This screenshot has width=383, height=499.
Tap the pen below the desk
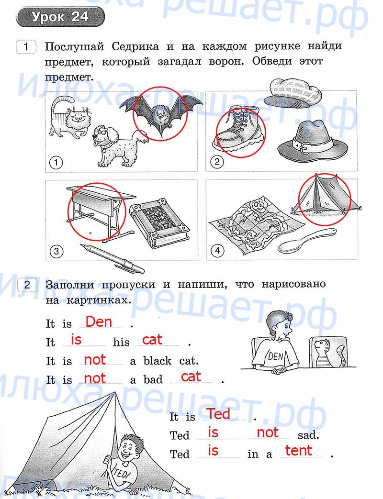(112, 258)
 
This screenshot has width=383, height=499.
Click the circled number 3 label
(56, 251)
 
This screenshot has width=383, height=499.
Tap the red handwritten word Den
(99, 322)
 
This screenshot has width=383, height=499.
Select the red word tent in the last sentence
(298, 450)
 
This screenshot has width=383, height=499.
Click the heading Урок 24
(60, 17)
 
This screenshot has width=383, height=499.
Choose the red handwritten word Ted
(219, 414)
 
